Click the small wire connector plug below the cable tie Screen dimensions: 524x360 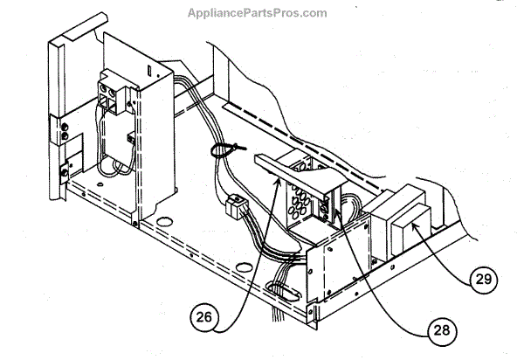click(234, 209)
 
